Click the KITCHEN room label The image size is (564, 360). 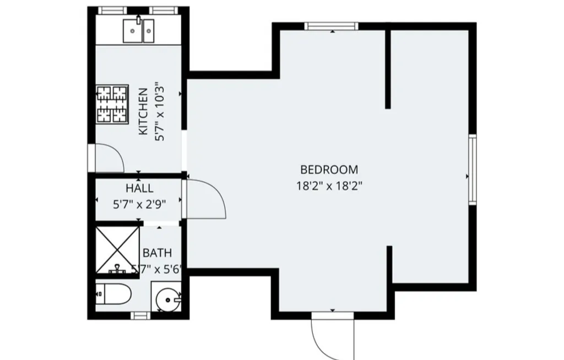[x=143, y=112]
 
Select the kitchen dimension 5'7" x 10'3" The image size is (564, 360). [x=160, y=112]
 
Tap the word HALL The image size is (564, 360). [x=139, y=189]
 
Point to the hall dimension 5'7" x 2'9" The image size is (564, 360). [x=139, y=204]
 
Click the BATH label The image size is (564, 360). [x=157, y=253]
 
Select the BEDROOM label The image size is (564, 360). [x=329, y=170]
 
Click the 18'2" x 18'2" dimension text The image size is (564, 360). [x=329, y=186]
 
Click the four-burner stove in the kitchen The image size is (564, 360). [x=112, y=103]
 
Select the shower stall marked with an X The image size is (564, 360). [x=117, y=249]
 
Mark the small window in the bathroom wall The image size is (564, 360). [x=140, y=315]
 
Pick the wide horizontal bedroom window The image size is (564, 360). [x=332, y=26]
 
